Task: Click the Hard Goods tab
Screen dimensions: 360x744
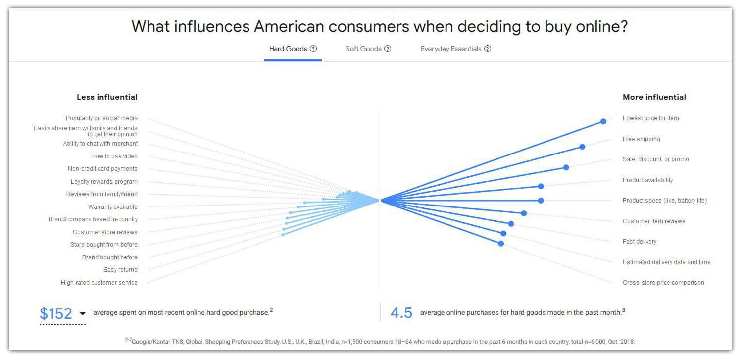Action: (288, 49)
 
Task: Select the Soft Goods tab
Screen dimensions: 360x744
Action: (363, 49)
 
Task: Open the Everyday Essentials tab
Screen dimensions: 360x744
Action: (450, 49)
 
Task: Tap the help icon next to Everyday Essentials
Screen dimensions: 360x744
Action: (488, 49)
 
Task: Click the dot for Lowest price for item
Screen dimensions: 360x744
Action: (603, 121)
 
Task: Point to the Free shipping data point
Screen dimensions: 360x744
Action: (582, 147)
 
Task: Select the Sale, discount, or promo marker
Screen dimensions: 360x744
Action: (566, 167)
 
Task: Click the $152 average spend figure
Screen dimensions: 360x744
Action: (56, 313)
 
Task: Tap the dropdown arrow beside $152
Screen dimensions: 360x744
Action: (83, 313)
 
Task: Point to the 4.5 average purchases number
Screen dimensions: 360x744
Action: (401, 313)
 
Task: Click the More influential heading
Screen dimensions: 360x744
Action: (654, 97)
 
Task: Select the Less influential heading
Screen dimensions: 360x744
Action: (107, 97)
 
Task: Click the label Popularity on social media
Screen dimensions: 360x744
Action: (101, 118)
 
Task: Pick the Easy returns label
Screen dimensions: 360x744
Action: (120, 270)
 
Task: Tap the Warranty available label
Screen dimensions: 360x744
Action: (112, 207)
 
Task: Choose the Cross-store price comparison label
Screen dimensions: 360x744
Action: (663, 283)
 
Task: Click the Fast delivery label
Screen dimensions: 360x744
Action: (639, 242)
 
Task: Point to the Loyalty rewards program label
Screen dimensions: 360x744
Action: (104, 182)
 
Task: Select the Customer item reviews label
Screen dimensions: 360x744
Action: (653, 221)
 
